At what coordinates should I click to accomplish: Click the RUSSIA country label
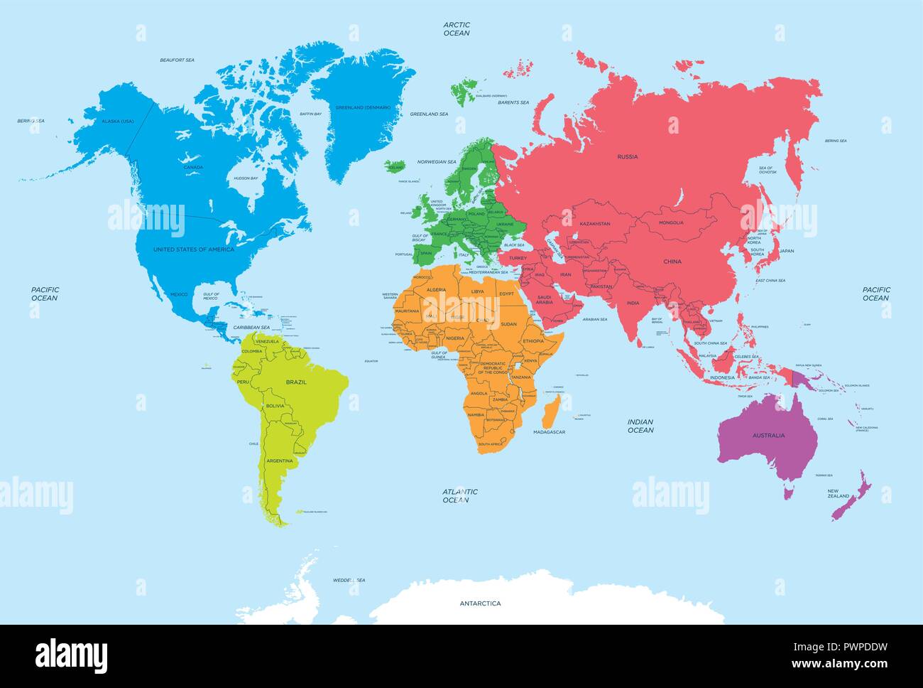click(627, 156)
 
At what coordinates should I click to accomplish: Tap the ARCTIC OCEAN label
click(457, 28)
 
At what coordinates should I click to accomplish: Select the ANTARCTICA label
click(480, 603)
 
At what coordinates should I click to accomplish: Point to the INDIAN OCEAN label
click(640, 426)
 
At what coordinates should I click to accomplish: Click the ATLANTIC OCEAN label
click(460, 495)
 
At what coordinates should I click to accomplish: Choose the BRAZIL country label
click(296, 382)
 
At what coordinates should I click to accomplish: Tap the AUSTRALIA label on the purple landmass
click(768, 435)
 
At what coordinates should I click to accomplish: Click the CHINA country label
click(672, 262)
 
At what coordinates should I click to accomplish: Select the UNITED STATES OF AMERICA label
click(194, 249)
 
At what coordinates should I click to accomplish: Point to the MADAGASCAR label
click(549, 431)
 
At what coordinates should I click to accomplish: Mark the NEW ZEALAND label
click(839, 494)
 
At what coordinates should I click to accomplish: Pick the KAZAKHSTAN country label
click(595, 224)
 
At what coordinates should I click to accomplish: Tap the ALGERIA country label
click(435, 290)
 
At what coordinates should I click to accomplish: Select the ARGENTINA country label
click(279, 461)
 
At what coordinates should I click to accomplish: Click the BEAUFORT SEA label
click(177, 60)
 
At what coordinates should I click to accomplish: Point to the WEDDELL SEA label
click(349, 581)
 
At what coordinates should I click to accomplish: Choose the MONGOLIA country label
click(671, 222)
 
